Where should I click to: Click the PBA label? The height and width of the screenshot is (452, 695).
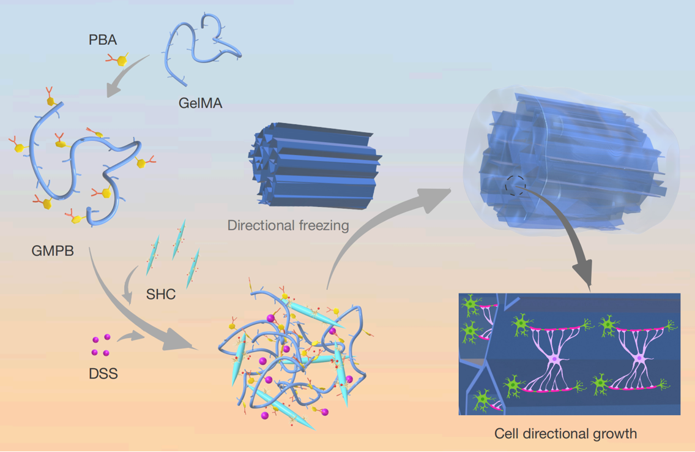pos(102,41)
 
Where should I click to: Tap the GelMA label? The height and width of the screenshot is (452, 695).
pos(201,104)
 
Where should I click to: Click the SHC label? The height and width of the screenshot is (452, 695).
pos(161,295)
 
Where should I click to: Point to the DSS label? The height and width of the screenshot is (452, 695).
pos(103,372)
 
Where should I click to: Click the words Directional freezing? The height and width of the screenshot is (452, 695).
pos(288,225)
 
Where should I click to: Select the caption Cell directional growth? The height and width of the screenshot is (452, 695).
pos(565,434)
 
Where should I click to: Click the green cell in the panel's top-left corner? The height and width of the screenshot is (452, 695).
pos(472,304)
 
